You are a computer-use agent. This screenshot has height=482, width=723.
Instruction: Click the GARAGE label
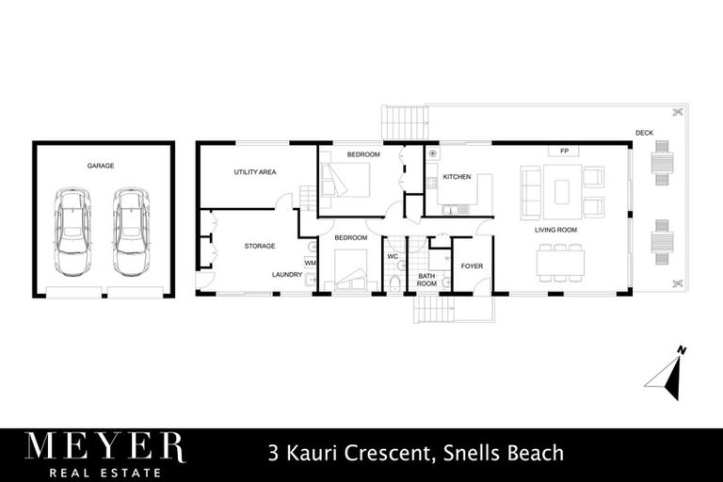click(101, 166)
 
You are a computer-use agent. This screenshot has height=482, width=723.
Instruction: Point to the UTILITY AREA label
click(254, 173)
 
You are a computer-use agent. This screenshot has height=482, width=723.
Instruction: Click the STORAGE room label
click(260, 246)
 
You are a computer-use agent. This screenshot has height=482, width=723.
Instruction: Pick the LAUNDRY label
click(286, 274)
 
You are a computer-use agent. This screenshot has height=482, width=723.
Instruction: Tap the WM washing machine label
click(310, 263)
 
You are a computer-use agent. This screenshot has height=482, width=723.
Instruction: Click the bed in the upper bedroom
click(349, 178)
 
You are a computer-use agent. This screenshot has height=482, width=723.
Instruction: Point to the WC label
click(393, 255)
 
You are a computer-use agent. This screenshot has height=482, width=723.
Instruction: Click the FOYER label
click(472, 266)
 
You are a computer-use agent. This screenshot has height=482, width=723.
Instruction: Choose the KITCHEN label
click(457, 177)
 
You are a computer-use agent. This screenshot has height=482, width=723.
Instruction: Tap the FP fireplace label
click(564, 151)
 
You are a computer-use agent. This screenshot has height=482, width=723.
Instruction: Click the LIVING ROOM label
click(555, 230)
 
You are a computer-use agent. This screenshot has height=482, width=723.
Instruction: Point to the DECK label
click(644, 133)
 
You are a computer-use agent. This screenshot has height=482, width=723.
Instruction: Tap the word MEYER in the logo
click(104, 448)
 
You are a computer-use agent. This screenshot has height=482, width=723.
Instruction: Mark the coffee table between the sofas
click(563, 192)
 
